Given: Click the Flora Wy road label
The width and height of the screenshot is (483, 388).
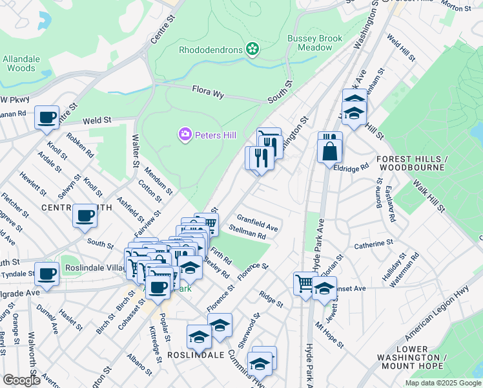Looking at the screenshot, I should [x=207, y=92].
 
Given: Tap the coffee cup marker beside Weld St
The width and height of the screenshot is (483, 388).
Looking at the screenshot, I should [x=46, y=118].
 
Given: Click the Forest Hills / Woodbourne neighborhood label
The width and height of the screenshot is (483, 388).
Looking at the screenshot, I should [x=411, y=163].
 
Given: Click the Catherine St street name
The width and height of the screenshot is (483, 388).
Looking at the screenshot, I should [x=374, y=244].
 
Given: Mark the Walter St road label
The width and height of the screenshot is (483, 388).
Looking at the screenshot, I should [x=135, y=150].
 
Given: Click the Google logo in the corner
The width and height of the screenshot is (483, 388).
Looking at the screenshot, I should [x=21, y=380].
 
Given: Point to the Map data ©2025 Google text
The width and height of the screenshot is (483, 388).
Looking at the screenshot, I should [x=442, y=383].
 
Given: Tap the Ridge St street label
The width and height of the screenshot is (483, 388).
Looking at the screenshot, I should [x=271, y=299].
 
